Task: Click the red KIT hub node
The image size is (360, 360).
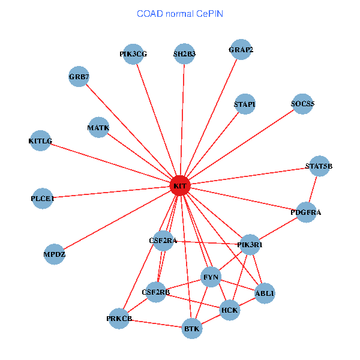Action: [180, 186]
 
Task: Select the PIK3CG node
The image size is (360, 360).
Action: [133, 54]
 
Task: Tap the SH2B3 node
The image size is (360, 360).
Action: [184, 54]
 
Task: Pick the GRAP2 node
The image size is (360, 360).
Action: [241, 50]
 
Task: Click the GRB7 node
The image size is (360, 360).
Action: [79, 77]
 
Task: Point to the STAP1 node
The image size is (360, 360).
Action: [245, 104]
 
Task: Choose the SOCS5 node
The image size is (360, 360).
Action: [302, 104]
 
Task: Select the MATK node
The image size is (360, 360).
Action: [98, 128]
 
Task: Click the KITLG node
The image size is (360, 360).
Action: [40, 141]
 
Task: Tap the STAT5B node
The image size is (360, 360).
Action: [319, 166]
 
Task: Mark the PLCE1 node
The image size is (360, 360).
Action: [43, 198]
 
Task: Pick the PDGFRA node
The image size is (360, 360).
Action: [306, 212]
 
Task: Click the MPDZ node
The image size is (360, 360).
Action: [55, 254]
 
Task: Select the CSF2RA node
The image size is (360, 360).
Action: [163, 241]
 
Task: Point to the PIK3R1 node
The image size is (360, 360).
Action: [250, 244]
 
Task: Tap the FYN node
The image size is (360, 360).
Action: [211, 277]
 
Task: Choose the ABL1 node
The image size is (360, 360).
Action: [265, 293]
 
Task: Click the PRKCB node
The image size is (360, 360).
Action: [119, 318]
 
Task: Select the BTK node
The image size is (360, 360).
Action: [192, 329]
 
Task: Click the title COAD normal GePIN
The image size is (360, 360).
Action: [180, 13]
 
